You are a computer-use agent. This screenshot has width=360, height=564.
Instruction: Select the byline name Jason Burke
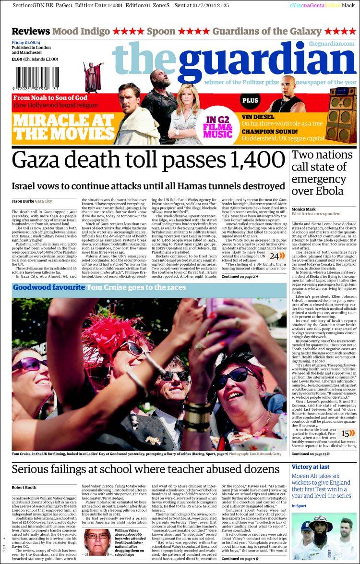point(22,201)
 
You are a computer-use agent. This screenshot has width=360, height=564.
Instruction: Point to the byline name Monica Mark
point(304,209)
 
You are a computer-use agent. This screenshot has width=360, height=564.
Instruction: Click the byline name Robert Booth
point(24,488)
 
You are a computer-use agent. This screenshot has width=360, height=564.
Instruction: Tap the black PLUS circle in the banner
point(250,101)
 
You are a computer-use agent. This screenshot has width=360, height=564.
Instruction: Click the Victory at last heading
point(310,467)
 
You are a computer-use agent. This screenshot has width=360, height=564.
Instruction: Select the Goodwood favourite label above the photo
point(48,287)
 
